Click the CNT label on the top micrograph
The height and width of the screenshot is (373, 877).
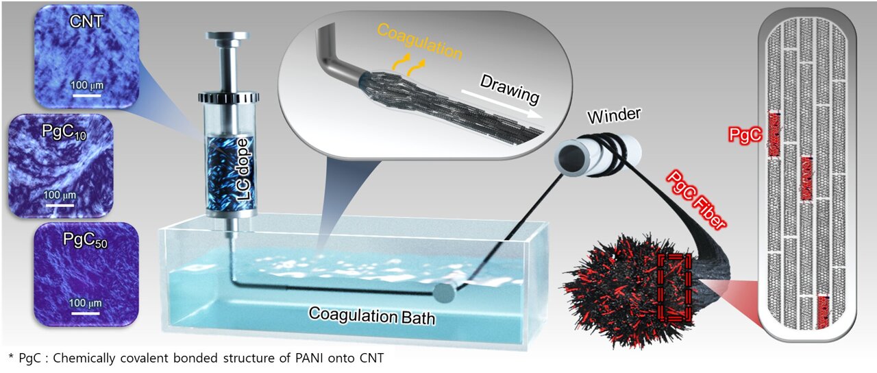click(86, 21)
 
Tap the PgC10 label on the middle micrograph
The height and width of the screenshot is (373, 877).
click(64, 132)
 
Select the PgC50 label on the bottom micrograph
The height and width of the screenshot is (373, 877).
click(85, 240)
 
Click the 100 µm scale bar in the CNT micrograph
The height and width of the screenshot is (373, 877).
click(86, 95)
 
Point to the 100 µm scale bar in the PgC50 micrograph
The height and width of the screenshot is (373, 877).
click(85, 313)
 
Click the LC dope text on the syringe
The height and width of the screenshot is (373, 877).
click(244, 169)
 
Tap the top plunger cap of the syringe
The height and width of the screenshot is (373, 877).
click(227, 36)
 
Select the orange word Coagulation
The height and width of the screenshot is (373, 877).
click(420, 41)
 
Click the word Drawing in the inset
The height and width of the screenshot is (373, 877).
click(510, 89)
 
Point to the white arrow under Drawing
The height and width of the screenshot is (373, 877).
click(502, 104)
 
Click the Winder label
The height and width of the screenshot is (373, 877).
click(614, 115)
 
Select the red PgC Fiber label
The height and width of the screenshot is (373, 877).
click(695, 200)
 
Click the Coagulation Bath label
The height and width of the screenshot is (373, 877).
click(372, 316)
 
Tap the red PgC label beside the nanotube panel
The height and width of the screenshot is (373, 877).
click(745, 135)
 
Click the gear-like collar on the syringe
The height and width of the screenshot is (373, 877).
click(229, 97)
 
